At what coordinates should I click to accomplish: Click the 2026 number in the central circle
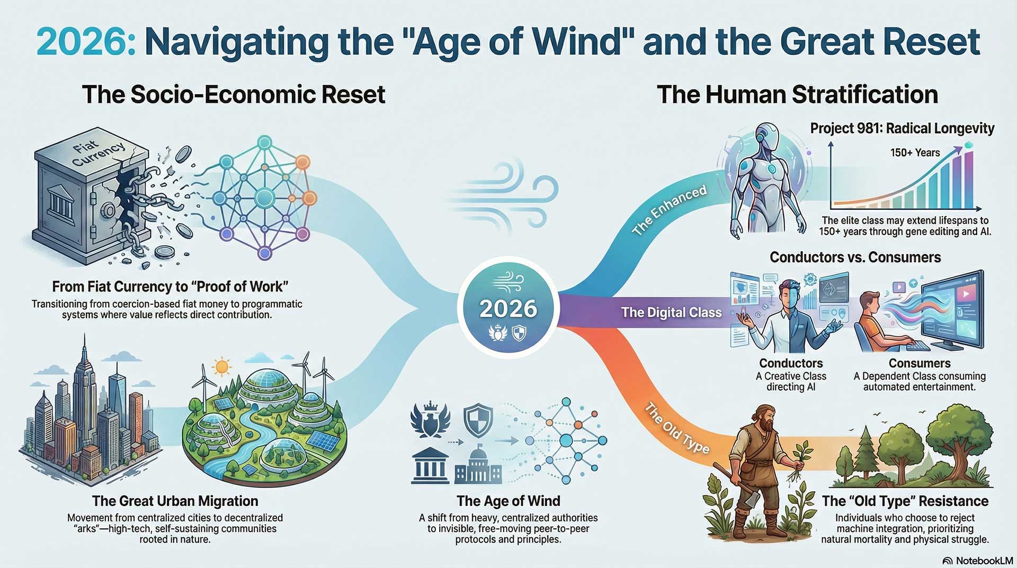point(508,309)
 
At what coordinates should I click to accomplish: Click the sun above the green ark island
point(221,366)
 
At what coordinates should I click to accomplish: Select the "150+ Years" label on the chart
point(915,153)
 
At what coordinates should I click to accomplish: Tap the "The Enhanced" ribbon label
point(670,210)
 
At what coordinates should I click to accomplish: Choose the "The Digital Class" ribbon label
point(671,312)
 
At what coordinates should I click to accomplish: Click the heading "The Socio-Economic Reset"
point(234,94)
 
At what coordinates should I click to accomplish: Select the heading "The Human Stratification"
point(797,94)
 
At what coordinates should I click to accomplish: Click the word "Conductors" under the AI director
point(791,363)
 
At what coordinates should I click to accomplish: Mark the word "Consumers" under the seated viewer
point(919,363)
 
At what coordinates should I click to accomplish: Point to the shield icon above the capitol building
point(478,421)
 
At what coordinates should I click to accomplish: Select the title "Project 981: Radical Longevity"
point(902,128)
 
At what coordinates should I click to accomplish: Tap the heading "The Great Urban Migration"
point(175,501)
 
